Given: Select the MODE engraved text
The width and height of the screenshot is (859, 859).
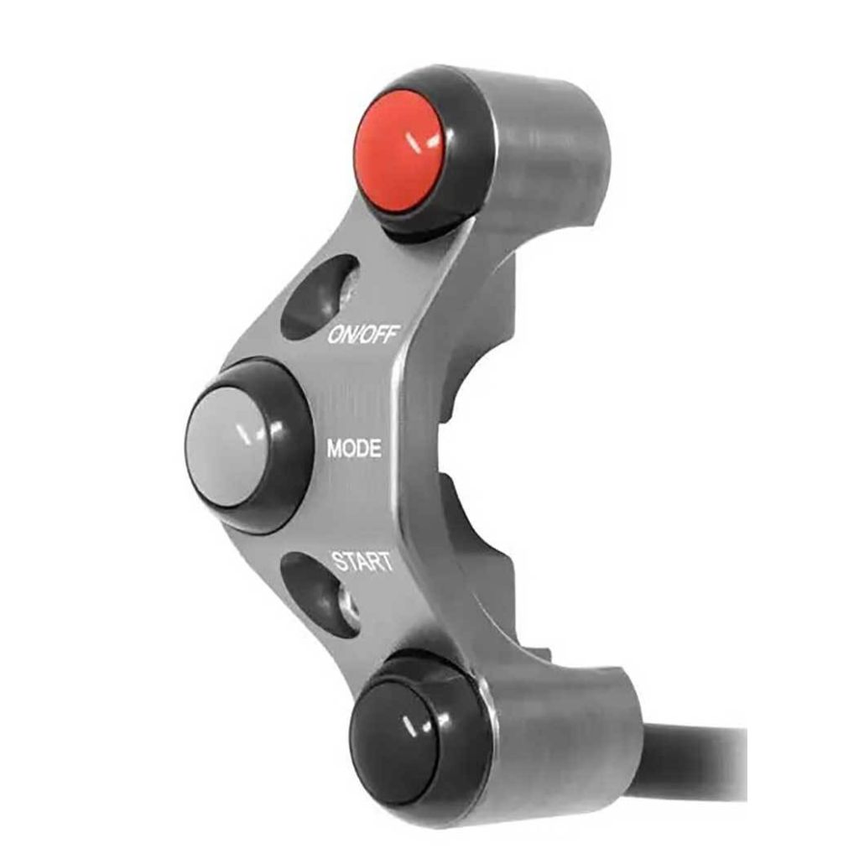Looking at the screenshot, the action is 354,449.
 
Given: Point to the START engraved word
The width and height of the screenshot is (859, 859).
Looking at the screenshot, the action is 362,561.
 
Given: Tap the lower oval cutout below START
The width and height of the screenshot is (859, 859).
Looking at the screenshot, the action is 321,595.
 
